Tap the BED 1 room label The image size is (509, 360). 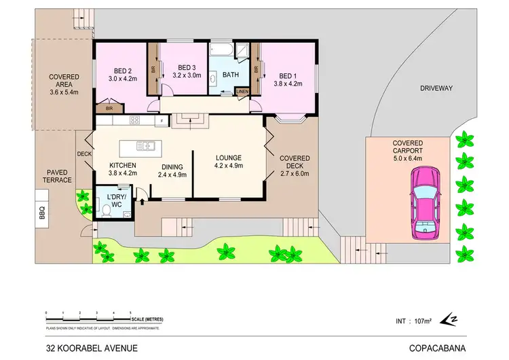(x=288, y=75)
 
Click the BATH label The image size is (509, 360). (x=230, y=75)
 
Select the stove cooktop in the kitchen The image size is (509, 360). (x=134, y=121)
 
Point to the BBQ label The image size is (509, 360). (x=41, y=214)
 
